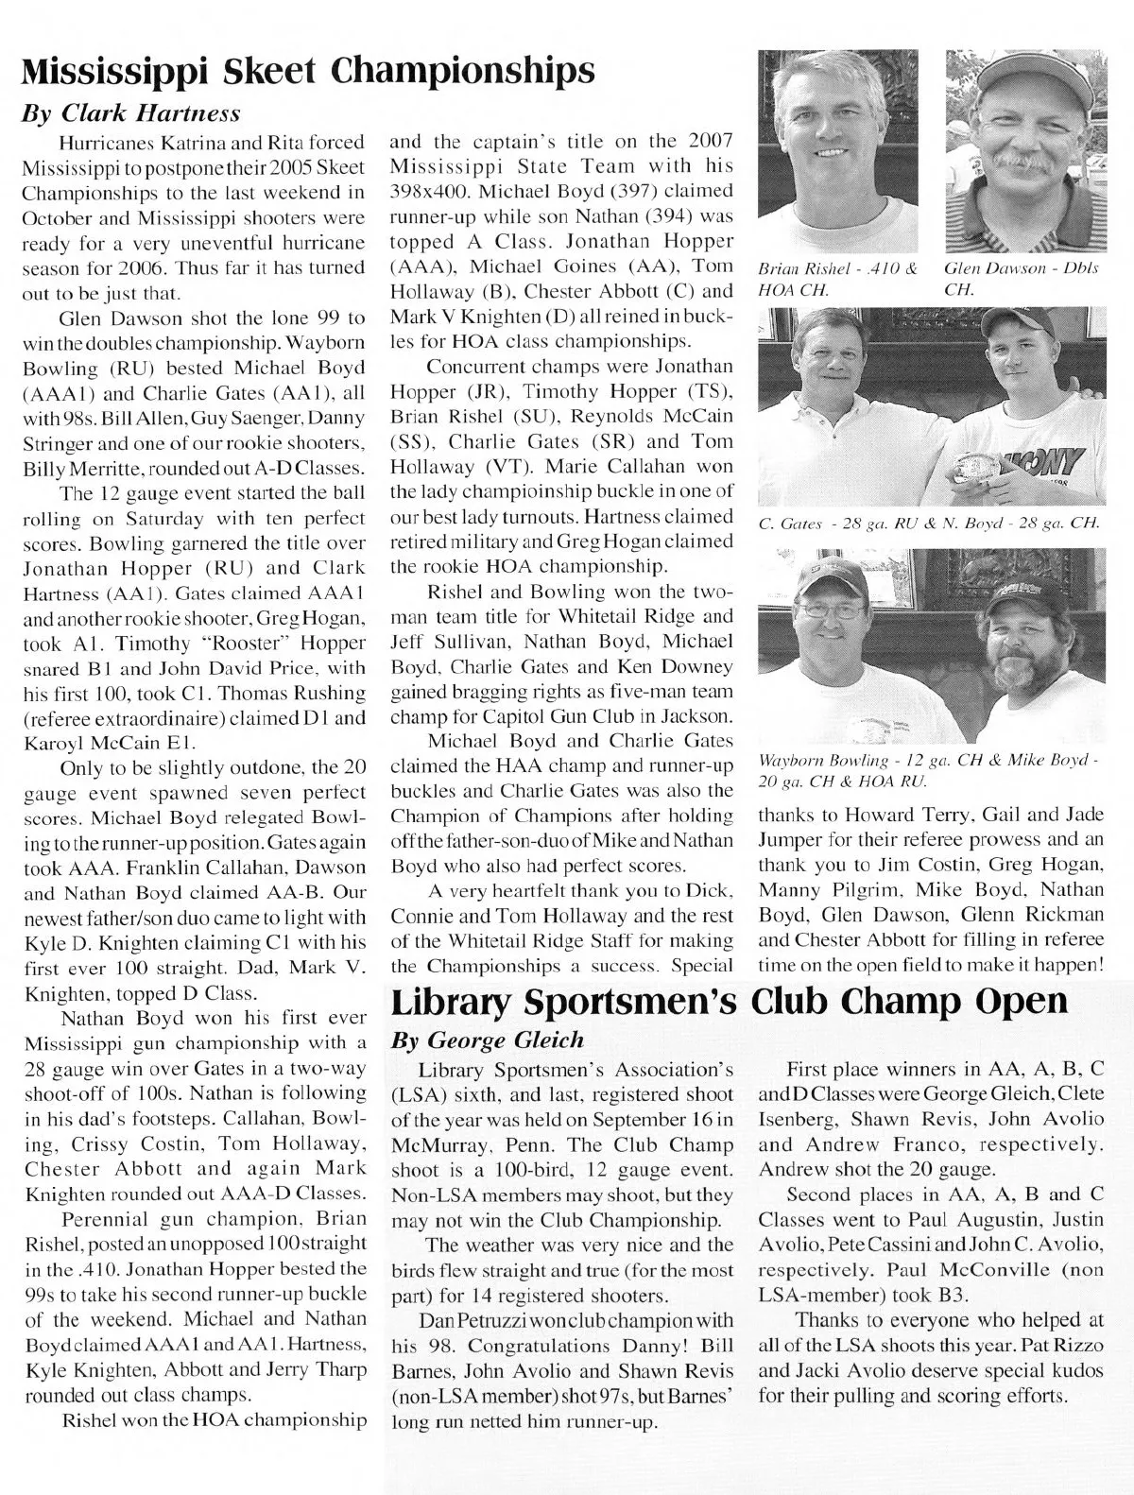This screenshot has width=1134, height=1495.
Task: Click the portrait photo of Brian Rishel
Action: (837, 151)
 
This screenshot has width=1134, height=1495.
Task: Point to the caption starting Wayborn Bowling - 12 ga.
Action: (930, 772)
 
